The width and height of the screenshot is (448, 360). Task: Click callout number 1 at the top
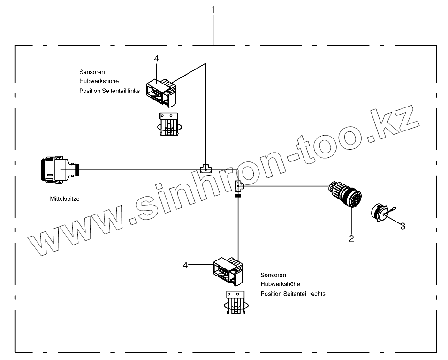213,9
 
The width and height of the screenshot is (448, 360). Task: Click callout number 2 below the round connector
351,238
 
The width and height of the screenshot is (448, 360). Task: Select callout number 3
402,226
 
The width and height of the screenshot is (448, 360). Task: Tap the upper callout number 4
156,58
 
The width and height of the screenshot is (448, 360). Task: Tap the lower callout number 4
185,266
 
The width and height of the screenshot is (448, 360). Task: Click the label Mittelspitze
65,199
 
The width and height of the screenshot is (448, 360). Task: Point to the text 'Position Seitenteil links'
109,91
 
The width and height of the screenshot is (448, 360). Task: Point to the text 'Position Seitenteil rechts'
293,294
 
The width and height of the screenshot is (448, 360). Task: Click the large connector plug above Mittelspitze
59,169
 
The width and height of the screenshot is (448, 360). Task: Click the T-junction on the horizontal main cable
205,168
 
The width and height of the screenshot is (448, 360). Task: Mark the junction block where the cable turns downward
238,186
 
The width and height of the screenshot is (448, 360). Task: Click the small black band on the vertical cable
238,196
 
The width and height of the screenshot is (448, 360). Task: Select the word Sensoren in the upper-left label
92,72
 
